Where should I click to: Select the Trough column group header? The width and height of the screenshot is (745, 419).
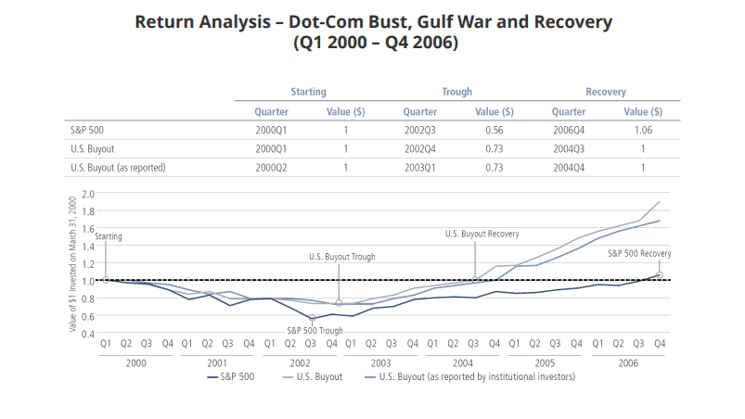coord(456,92)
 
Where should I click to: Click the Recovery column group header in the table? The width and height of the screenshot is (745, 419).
coord(605,92)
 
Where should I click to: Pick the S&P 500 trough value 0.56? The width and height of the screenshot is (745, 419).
coord(494,130)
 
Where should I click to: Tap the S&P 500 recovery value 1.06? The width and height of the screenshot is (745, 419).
coord(643,130)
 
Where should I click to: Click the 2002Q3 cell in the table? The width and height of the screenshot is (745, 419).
coord(419,130)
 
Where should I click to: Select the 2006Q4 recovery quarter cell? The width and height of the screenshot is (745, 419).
coord(569,130)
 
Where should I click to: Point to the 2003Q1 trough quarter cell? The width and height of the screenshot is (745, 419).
coord(419,168)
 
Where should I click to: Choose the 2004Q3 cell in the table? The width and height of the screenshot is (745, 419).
coord(569,148)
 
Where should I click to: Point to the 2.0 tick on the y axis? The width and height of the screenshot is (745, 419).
coord(89,194)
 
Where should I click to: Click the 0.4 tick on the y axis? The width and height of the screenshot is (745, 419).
coord(89,333)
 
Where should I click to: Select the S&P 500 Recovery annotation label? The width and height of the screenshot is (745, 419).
coord(638,253)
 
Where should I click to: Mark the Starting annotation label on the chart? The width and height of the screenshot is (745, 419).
coord(107,237)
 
